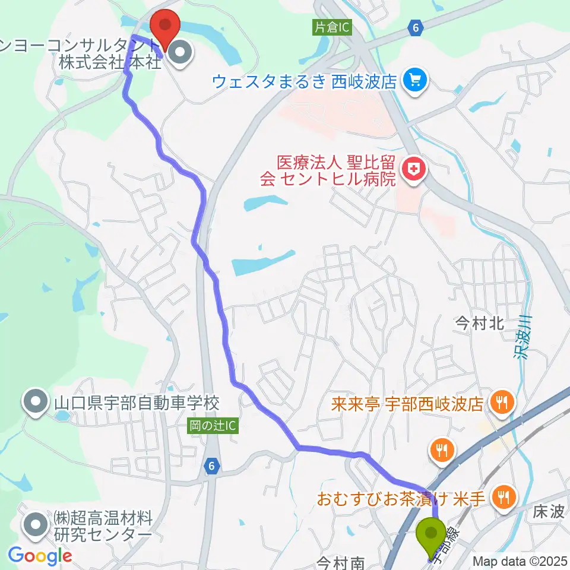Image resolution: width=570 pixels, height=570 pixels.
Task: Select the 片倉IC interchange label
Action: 332,27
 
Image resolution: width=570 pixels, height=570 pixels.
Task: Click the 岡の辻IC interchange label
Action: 214,426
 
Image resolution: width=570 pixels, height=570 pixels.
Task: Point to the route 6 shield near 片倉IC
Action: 415,27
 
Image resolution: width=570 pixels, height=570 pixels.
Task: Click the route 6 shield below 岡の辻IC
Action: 211,467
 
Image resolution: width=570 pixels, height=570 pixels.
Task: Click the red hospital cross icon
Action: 410,170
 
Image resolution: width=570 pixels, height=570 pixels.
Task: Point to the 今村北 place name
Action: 479,323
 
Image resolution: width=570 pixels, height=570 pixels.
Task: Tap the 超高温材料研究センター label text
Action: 102,525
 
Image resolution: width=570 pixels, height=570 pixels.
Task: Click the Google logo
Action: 40,555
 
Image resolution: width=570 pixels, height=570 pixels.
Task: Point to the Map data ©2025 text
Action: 520,560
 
